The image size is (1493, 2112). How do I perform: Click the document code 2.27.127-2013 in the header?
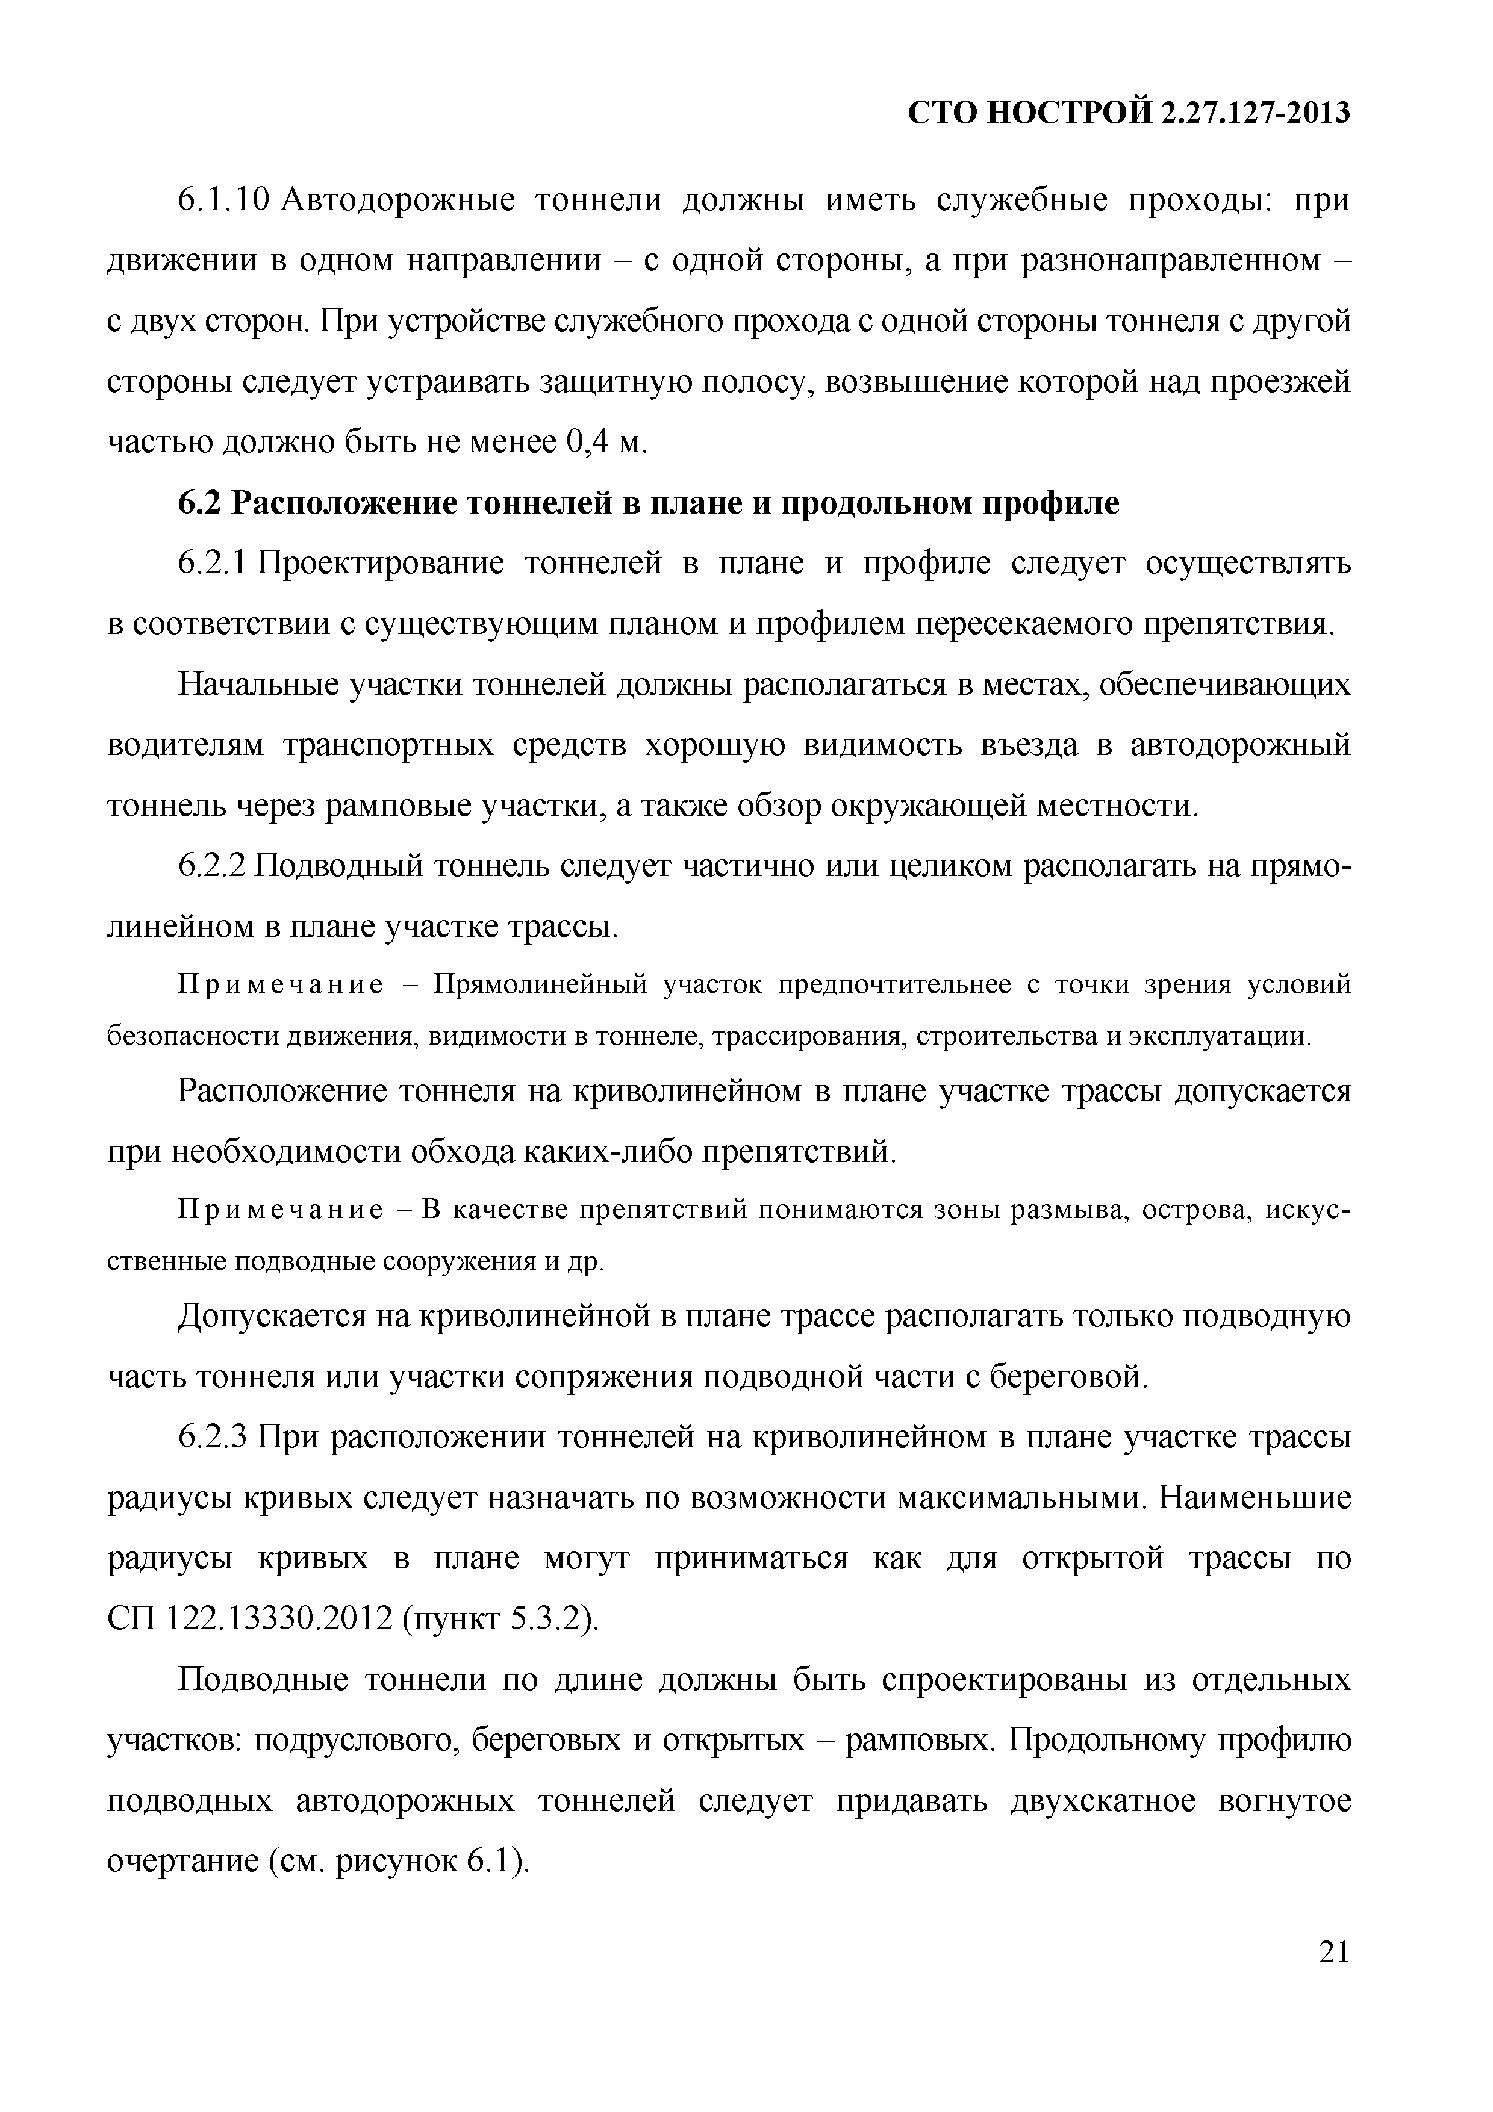(1255, 113)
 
